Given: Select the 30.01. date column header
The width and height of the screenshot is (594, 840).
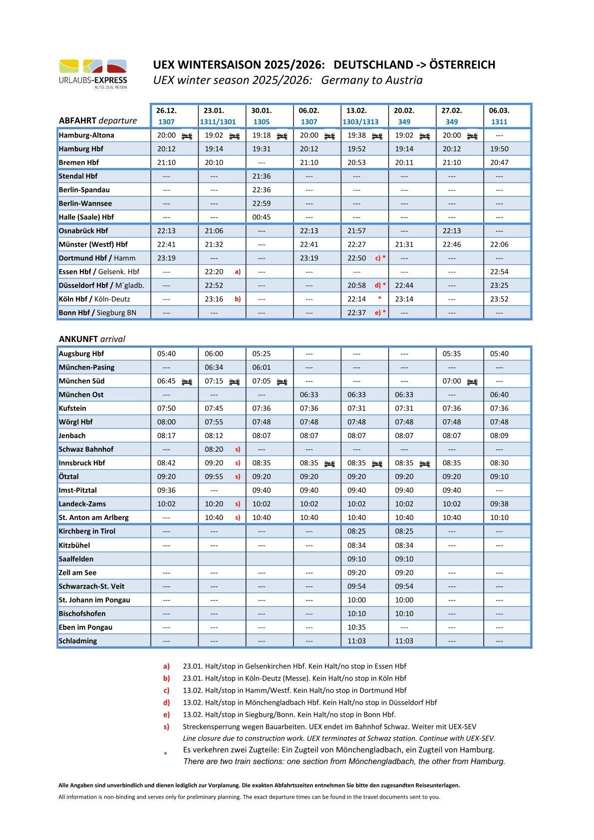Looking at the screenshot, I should (262, 110).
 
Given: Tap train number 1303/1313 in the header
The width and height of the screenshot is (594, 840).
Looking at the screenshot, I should (360, 122).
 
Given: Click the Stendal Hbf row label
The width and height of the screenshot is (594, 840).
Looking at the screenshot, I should (78, 176).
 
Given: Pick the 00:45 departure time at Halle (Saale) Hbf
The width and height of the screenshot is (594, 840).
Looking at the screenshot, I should (262, 217).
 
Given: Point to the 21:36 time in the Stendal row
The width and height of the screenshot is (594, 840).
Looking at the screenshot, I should (262, 176).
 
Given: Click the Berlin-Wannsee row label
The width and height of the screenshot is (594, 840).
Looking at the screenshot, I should (85, 204).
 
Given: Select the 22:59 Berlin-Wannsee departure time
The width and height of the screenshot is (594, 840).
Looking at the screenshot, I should (262, 204).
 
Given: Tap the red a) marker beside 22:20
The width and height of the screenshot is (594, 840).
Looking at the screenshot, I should (238, 272).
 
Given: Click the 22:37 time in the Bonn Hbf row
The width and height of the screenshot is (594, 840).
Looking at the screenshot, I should (356, 313).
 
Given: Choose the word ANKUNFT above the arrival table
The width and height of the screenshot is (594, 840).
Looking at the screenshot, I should (78, 339).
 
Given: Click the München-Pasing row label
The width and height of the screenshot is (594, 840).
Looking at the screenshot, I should (86, 367).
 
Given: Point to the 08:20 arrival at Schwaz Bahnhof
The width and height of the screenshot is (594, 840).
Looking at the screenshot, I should (214, 449).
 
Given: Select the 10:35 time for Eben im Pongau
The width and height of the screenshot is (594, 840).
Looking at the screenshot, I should (356, 627).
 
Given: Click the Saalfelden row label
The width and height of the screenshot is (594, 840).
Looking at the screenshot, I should (76, 559).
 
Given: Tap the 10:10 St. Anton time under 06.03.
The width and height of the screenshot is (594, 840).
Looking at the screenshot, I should (499, 518).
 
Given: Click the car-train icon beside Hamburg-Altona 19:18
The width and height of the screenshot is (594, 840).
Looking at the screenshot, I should (282, 136).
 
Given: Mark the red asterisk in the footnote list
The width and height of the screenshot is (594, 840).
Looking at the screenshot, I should (165, 754).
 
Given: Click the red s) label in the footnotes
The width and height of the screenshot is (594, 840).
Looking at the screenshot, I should (166, 727).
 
